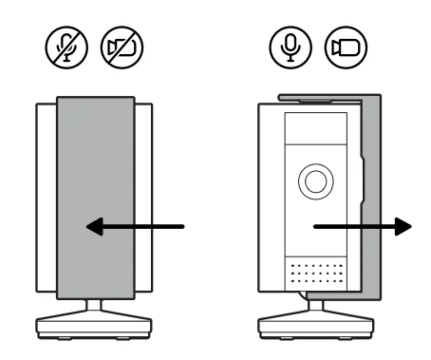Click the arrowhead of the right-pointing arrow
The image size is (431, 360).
[x=405, y=226]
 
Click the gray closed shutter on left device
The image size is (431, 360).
[x=95, y=161]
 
